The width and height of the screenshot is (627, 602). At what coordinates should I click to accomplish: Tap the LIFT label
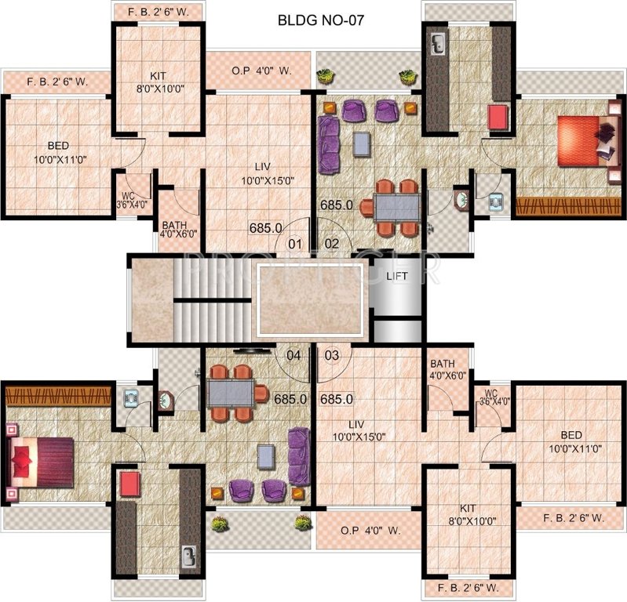tap(395, 277)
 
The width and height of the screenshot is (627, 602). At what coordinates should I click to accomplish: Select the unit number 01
tap(294, 244)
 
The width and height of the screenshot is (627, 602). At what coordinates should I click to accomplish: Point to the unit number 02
tap(332, 244)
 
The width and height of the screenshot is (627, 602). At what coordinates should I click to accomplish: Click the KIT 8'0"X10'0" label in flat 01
tap(159, 83)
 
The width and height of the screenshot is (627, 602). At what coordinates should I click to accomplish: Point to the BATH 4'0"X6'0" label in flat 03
tap(448, 369)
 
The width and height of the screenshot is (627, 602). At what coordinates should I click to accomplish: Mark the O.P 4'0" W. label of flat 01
tap(261, 71)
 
